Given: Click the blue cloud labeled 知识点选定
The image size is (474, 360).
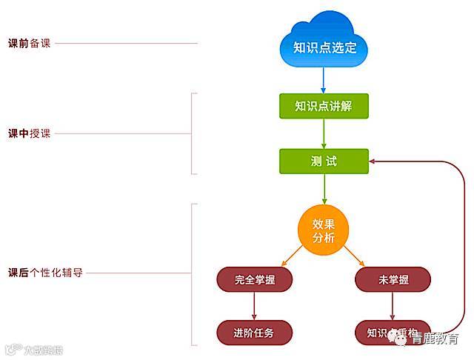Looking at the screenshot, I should tap(324, 46).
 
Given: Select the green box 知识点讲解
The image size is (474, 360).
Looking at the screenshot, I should tap(324, 106).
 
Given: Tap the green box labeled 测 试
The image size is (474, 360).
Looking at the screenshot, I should tap(324, 161).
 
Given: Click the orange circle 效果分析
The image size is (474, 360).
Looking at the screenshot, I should tap(324, 230).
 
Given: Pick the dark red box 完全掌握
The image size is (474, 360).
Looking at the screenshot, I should tap(254, 279).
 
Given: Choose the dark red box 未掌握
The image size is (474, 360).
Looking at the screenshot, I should tap(393, 279).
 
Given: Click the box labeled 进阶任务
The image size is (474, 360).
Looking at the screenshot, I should tap(254, 333).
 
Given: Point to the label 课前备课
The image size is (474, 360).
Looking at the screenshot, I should tap(28, 43).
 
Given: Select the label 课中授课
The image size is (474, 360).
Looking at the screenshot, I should tap(28, 134).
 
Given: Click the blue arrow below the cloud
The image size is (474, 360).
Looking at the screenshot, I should tap(324, 79).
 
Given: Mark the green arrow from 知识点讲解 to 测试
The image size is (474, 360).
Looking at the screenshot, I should tap(324, 133).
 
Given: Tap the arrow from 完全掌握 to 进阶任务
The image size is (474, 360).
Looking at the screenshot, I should tap(254, 306).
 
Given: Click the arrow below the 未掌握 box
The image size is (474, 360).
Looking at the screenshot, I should tap(393, 306).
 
